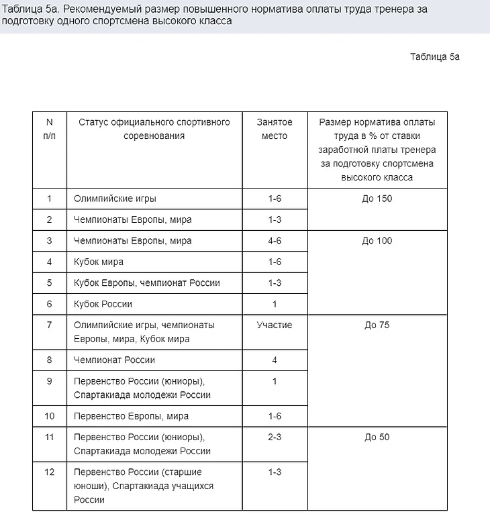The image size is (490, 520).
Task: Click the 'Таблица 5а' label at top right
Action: coord(434,56)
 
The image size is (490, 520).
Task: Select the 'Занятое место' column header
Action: coord(275,129)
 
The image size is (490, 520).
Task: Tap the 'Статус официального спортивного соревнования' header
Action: coord(154,129)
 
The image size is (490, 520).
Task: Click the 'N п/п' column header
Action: coord(49,129)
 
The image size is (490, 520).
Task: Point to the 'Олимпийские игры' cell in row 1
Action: coord(115,199)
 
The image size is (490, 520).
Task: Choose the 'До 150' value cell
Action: coord(377,199)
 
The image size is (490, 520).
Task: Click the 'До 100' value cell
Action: coord(377,241)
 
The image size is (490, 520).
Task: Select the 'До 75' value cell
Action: coord(377,325)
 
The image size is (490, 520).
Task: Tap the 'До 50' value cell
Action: coord(377,437)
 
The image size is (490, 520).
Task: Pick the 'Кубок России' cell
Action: coord(103,304)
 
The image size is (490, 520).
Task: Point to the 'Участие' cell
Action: coord(275,325)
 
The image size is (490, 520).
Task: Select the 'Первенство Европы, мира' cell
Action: coord(131,416)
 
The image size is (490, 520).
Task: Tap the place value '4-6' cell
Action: coord(275,241)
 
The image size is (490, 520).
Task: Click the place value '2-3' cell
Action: coord(275,437)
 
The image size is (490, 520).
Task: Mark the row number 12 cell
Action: coord(49,472)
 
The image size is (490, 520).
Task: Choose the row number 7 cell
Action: coord(49,325)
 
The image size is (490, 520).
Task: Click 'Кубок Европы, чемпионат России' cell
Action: coord(146,282)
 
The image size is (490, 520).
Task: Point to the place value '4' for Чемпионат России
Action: coord(275,360)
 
